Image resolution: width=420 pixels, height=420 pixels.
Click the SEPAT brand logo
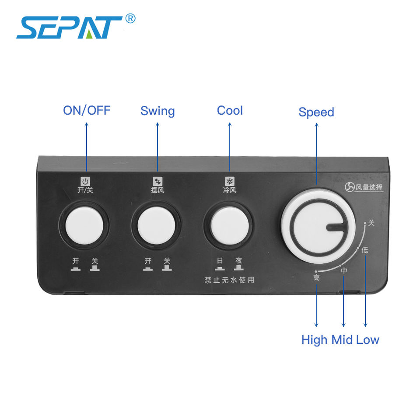coord(70,27)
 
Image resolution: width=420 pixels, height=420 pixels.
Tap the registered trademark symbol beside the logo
coord(130,18)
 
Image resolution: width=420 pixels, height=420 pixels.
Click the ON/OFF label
coord(87,110)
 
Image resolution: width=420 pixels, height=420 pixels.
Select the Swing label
coord(157,111)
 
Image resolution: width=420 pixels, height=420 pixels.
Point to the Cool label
coord(230,110)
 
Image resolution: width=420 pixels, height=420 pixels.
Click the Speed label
coord(316,112)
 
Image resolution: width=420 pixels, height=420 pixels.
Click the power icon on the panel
coord(85,181)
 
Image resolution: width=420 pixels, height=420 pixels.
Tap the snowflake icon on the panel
coord(230,181)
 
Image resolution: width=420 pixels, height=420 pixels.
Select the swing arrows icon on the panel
coord(157,181)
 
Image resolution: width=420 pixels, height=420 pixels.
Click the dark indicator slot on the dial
coord(335,227)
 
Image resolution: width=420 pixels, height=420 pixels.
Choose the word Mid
coord(342,339)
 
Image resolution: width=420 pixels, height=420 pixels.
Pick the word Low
coord(367,339)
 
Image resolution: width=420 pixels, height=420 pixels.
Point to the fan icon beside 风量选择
coord(350,187)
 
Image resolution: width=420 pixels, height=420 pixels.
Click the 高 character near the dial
coord(317,277)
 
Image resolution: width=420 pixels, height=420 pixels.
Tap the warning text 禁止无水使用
coord(230,280)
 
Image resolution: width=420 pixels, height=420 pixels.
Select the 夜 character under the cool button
coord(239,260)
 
